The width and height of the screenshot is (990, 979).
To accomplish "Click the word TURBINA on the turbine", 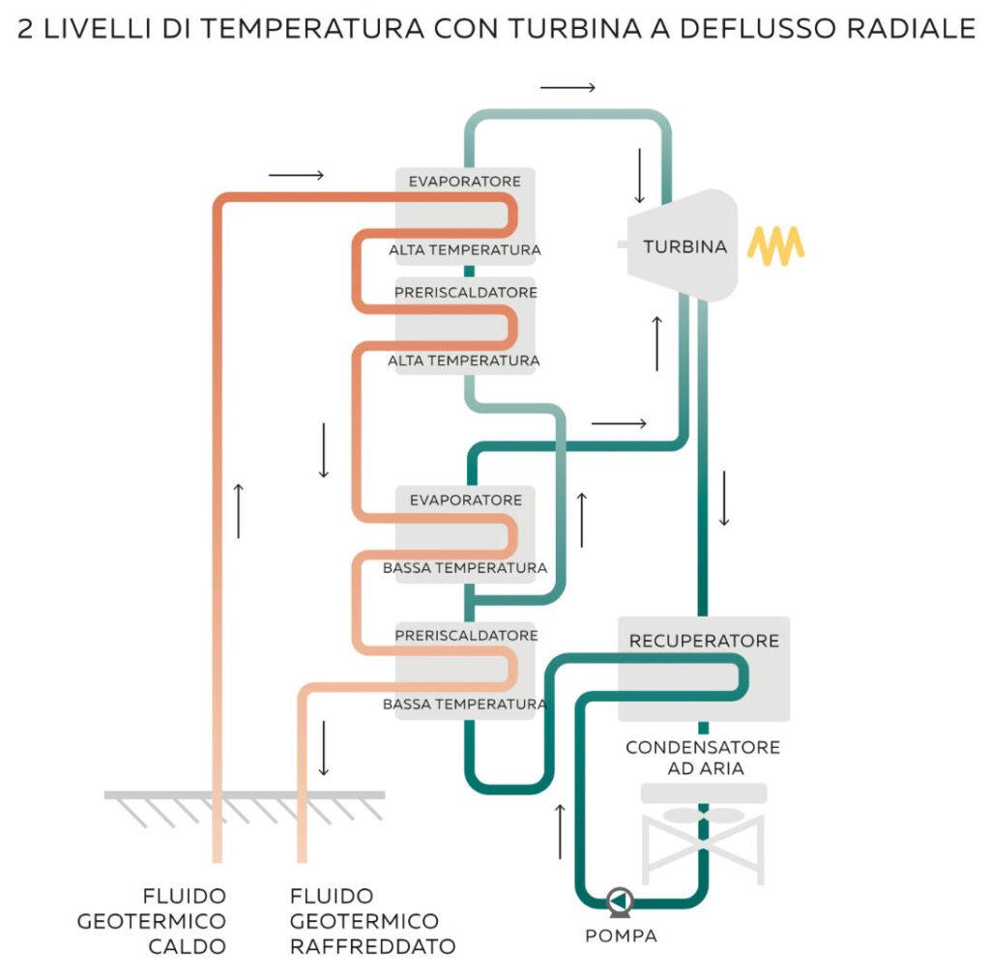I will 684,246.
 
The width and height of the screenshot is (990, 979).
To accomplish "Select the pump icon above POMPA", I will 619,902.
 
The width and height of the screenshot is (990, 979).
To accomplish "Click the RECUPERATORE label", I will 704,641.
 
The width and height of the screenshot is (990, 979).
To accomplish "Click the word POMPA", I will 621,936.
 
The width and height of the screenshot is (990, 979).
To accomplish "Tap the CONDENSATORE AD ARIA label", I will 703,758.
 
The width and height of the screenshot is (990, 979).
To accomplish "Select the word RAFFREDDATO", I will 372,946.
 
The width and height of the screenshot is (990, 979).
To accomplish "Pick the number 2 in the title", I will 26,30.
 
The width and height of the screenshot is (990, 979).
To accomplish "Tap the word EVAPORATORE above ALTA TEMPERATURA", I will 465,182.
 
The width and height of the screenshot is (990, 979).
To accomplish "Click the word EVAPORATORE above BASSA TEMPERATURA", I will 466,500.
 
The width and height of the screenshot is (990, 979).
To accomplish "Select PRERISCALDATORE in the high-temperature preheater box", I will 466,292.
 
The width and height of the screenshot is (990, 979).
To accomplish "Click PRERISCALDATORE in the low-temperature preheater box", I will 466,636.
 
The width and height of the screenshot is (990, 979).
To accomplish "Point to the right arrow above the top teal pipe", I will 568,88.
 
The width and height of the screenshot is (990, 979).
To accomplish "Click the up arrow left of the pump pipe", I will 560,830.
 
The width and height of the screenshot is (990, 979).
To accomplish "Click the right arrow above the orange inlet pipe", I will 296,175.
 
